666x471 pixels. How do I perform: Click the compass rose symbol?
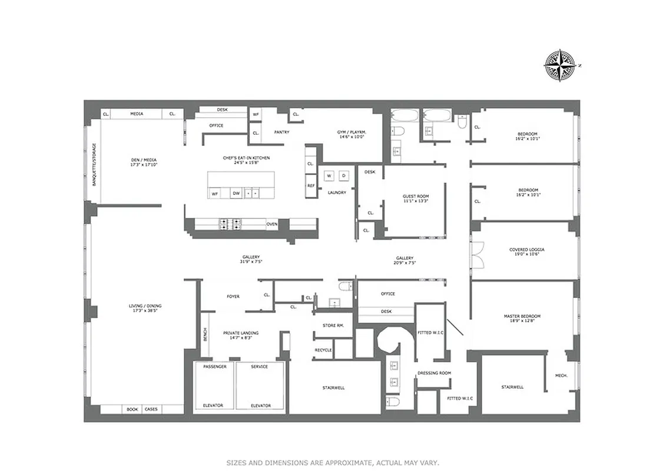(559, 65)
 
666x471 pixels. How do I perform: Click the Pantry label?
(281, 132)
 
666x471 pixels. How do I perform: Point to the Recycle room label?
(323, 350)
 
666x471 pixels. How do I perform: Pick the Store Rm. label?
(333, 326)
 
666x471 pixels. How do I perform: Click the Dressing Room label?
(433, 373)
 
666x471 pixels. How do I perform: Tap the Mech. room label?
(561, 376)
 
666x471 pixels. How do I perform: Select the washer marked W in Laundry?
(329, 175)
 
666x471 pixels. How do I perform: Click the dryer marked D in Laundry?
(343, 175)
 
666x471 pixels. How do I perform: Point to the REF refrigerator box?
(310, 185)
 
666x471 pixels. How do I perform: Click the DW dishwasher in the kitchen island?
(236, 193)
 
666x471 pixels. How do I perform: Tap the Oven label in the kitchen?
(271, 224)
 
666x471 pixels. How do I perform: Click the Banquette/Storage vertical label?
(94, 164)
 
